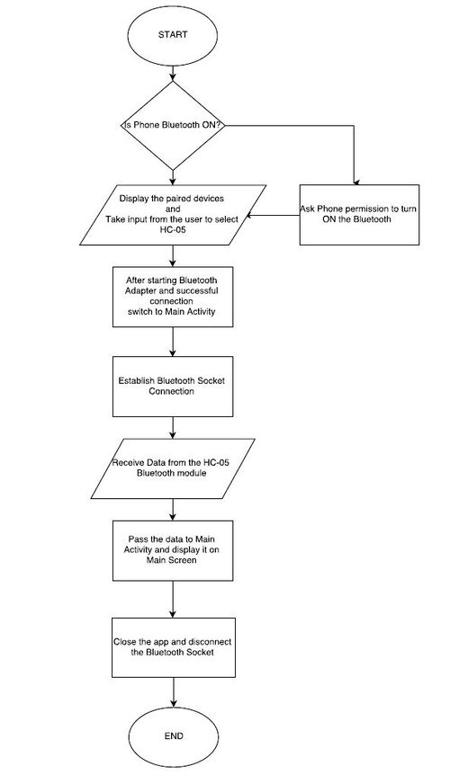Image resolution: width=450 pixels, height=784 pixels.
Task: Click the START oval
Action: (x=173, y=35)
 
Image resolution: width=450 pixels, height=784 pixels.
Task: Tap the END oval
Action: (x=173, y=736)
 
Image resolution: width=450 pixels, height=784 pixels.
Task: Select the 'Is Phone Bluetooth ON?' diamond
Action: (x=173, y=125)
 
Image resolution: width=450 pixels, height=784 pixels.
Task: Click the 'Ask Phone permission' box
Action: (x=359, y=215)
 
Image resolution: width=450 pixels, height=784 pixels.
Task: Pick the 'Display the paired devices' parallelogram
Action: (x=173, y=215)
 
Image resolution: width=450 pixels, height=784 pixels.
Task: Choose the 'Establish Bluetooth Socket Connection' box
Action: (x=173, y=387)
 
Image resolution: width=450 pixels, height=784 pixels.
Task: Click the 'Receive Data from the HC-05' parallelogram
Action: (x=173, y=468)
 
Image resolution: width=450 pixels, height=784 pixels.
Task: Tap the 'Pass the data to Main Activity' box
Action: (x=173, y=550)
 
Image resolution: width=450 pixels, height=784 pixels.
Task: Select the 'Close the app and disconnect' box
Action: (x=173, y=647)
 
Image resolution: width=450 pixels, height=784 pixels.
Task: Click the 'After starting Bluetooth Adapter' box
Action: (x=173, y=297)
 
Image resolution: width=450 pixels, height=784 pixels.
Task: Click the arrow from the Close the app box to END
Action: (x=173, y=694)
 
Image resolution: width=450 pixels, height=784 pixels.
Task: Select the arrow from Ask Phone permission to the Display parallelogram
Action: (x=272, y=216)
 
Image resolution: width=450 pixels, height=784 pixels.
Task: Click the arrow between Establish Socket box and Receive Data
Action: (x=173, y=427)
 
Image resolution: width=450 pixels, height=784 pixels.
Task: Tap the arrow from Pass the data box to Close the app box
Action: (x=173, y=599)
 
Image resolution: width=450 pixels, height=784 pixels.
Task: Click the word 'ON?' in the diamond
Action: (x=211, y=125)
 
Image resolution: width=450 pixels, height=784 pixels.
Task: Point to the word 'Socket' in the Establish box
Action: (x=211, y=381)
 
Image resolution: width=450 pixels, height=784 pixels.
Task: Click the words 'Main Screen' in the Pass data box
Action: (x=171, y=560)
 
